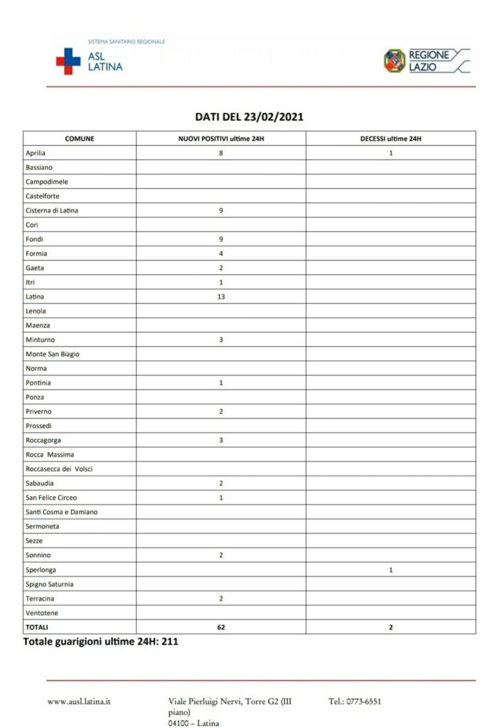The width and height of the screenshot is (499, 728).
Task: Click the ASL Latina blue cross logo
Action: [68, 60]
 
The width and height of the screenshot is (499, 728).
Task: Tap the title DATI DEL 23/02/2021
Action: [249, 117]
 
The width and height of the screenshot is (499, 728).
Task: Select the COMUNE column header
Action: [80, 138]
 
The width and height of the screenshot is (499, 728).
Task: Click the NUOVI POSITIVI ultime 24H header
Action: [221, 138]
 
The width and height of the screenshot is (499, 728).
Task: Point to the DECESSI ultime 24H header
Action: [391, 138]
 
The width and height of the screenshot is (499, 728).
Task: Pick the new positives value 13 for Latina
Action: [221, 296]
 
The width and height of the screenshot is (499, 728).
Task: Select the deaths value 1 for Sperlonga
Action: [391, 569]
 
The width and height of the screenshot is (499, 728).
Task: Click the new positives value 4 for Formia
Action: [221, 253]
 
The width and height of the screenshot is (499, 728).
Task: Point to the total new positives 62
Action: [221, 627]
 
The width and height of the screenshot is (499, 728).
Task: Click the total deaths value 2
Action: [391, 627]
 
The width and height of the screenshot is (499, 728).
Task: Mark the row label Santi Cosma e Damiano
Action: [62, 512]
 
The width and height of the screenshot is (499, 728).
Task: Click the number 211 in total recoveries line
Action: [169, 642]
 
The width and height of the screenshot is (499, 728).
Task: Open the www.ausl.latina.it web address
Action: [79, 702]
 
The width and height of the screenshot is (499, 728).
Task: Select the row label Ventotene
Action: [42, 613]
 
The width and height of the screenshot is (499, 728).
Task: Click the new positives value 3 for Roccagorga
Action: [221, 440]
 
